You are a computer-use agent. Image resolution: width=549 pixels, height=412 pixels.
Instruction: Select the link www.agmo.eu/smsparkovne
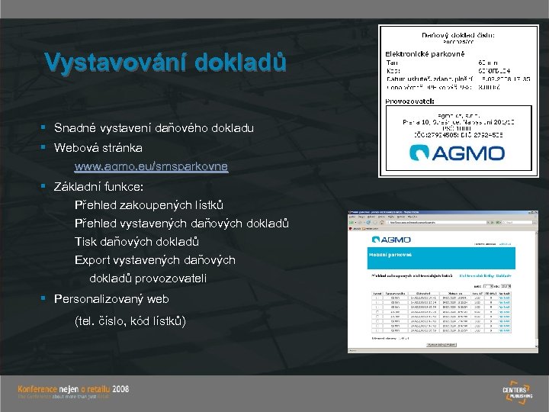tap(151, 166)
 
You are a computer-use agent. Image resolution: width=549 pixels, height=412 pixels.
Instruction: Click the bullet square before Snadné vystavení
tap(45, 128)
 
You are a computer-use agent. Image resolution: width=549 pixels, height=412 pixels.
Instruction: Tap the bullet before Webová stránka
tap(45, 146)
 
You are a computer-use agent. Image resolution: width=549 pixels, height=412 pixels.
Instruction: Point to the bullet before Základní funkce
tap(45, 186)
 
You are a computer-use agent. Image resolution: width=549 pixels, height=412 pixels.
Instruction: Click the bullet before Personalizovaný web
tap(45, 300)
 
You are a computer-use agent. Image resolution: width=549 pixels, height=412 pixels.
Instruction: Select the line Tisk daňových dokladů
tap(136, 242)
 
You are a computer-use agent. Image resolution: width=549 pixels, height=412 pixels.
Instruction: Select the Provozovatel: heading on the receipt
tap(410, 100)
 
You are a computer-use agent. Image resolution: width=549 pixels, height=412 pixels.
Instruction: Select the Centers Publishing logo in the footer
tap(516, 392)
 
